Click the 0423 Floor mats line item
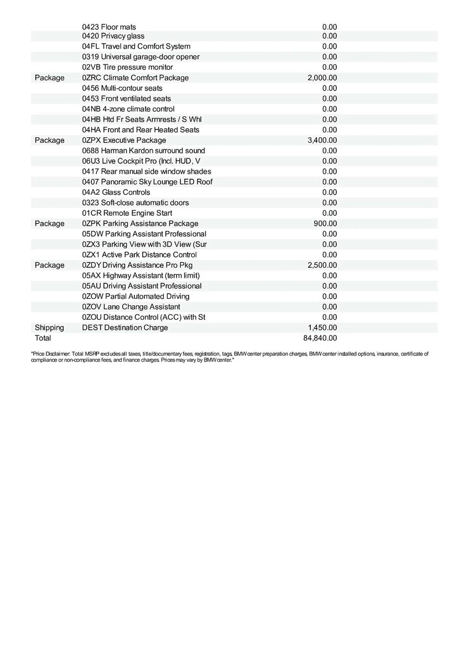pyautogui.click(x=109, y=27)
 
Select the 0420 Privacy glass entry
pyautogui.click(x=113, y=36)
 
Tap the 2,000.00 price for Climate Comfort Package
pyautogui.click(x=322, y=77)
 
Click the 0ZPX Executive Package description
pyautogui.click(x=124, y=140)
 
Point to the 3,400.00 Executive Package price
pyautogui.click(x=322, y=140)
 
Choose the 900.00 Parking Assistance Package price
pyautogui.click(x=325, y=224)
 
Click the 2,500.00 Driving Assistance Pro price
pyautogui.click(x=322, y=265)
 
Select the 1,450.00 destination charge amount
pyautogui.click(x=322, y=328)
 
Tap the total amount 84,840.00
pyautogui.click(x=320, y=338)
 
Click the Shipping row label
pyautogui.click(x=49, y=328)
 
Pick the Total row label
pyautogui.click(x=43, y=338)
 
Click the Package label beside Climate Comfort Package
pyautogui.click(x=49, y=77)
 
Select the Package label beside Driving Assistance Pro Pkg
pyautogui.click(x=49, y=265)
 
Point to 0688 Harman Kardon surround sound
pyautogui.click(x=143, y=151)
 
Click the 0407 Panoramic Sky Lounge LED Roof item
pyautogui.click(x=147, y=182)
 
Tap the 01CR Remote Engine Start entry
pyautogui.click(x=127, y=213)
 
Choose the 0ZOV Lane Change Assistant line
pyautogui.click(x=131, y=307)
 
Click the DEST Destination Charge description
pyautogui.click(x=124, y=328)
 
